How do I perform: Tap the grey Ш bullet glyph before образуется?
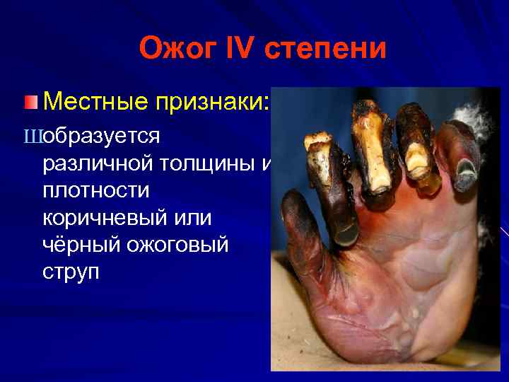[x=33, y=136]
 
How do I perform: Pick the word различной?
[x=98, y=164]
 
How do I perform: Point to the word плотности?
[x=96, y=191]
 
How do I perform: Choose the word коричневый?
[x=107, y=218]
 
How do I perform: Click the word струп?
[x=71, y=272]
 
